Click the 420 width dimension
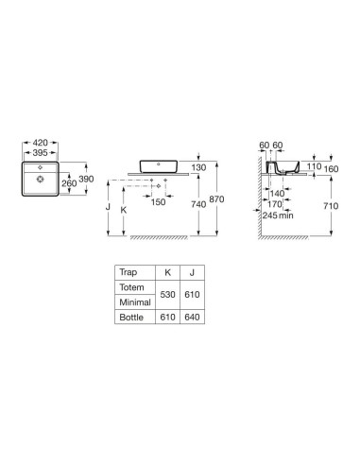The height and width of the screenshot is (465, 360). [x=41, y=143]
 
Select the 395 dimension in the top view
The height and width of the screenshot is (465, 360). [x=41, y=153]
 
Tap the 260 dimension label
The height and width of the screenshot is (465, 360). [x=69, y=183]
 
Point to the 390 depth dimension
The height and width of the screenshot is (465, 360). [x=86, y=179]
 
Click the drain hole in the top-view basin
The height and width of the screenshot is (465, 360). [x=40, y=180]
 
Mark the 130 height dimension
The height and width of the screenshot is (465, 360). [x=198, y=167]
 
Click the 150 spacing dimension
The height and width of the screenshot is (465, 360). [x=158, y=202]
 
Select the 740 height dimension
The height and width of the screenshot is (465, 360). [x=198, y=204]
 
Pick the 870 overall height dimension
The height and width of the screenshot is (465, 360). [x=216, y=199]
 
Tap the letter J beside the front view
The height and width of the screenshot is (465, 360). [x=108, y=207]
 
